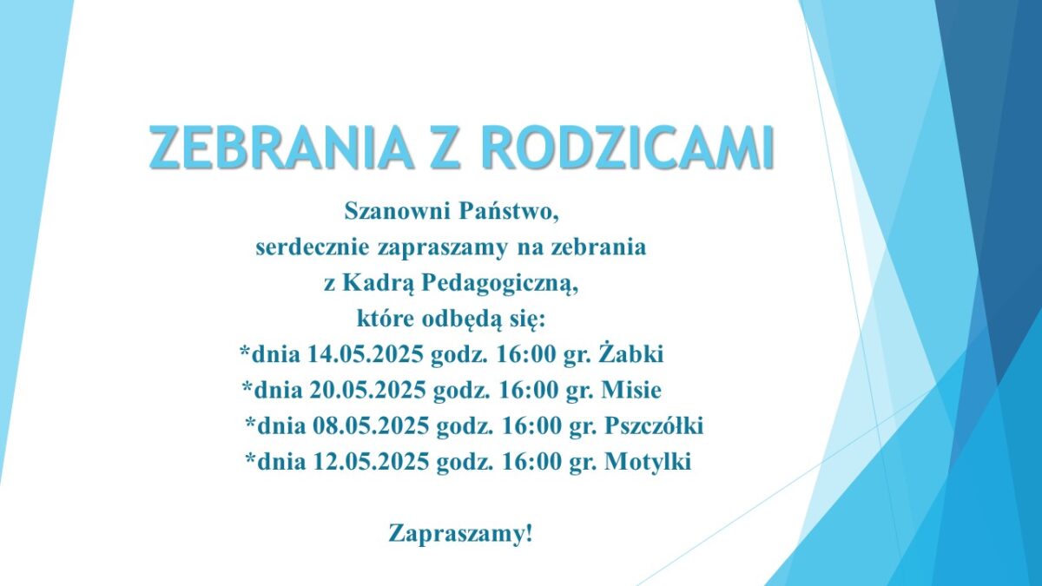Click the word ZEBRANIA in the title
click(x=281, y=147)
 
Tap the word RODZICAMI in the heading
click(x=628, y=147)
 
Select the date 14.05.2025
click(x=366, y=355)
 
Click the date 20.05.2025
click(x=367, y=390)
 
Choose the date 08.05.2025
click(x=370, y=425)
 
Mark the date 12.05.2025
click(x=370, y=461)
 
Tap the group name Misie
click(x=631, y=390)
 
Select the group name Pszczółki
click(x=654, y=425)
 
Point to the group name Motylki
click(x=648, y=462)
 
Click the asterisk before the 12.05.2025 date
click(x=250, y=456)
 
